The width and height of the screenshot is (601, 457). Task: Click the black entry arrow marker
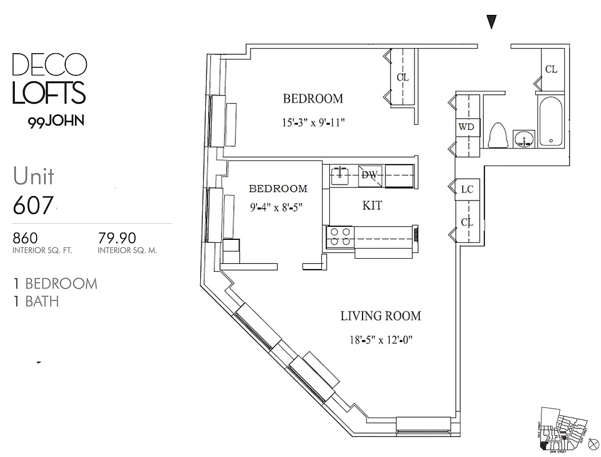click(x=491, y=22)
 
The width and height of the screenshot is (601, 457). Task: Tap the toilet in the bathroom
click(x=499, y=135)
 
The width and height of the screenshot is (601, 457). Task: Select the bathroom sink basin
click(x=524, y=138)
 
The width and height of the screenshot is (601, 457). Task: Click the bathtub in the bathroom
click(x=551, y=122)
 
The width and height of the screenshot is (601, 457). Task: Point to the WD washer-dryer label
click(x=467, y=127)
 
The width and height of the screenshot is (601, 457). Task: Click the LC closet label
click(x=467, y=190)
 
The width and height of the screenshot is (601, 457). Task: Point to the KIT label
click(x=372, y=206)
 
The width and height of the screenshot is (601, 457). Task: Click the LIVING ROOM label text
click(x=380, y=316)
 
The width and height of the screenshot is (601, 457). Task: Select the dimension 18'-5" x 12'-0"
click(x=380, y=340)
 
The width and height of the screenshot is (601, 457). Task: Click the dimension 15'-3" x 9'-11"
click(x=313, y=122)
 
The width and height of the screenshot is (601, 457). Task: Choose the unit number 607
click(x=34, y=205)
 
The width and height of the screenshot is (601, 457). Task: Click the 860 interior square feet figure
click(x=25, y=237)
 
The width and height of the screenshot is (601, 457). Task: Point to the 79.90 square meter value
click(x=118, y=237)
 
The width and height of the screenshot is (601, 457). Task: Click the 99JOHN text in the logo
click(x=56, y=121)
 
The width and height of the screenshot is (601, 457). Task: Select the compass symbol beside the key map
click(x=592, y=443)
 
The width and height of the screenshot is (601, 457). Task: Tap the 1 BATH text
click(x=36, y=301)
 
